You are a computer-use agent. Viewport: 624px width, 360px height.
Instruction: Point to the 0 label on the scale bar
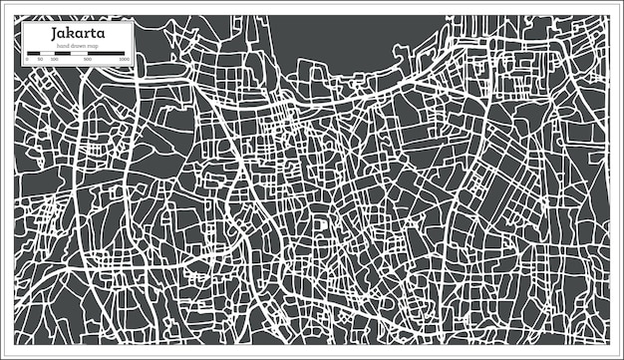[x=28, y=60]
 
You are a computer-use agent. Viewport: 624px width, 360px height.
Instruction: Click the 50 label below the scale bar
[x=40, y=60]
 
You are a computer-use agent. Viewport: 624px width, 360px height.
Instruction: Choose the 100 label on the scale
[x=54, y=60]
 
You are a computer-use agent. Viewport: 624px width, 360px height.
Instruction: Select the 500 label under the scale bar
[x=88, y=60]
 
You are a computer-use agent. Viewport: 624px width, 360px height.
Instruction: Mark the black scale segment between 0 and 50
[x=34, y=54]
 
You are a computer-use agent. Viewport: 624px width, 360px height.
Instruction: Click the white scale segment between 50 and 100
[x=47, y=54]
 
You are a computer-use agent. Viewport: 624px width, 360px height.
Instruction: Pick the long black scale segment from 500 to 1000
[x=107, y=54]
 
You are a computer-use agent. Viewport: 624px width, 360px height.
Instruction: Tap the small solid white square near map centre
[x=321, y=224]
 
